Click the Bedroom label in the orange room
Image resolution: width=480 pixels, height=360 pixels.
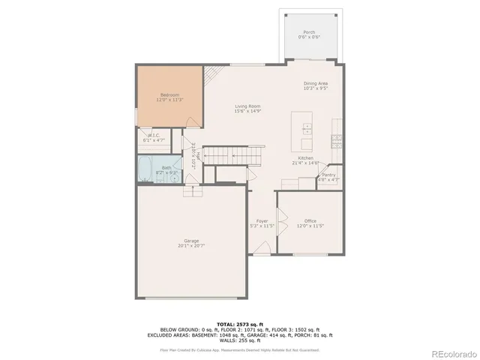click(169, 94)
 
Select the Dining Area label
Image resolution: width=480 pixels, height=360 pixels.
click(315, 83)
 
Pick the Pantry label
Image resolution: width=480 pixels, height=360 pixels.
click(328, 174)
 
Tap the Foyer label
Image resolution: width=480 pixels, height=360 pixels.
click(262, 220)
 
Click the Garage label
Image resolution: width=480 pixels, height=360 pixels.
click(191, 240)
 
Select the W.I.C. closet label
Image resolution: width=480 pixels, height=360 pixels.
click(152, 136)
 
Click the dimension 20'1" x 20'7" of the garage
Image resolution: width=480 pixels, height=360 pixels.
click(191, 245)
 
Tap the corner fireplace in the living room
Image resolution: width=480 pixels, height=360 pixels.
click(213, 73)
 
